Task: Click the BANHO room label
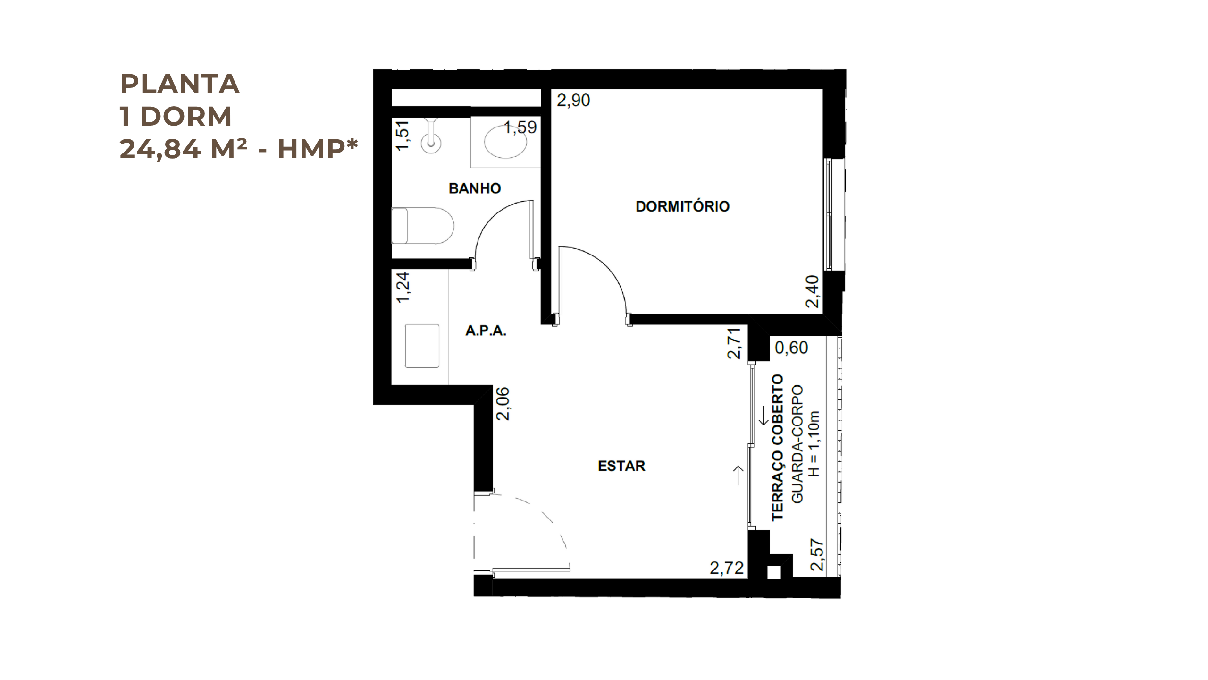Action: [x=474, y=188]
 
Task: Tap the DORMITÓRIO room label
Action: [x=683, y=206]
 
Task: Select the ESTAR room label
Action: [x=621, y=466]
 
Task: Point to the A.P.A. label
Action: [x=486, y=331]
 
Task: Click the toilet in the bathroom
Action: [x=423, y=226]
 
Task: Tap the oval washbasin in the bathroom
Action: [x=505, y=142]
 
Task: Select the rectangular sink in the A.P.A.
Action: [x=422, y=346]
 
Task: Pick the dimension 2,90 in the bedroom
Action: [x=573, y=100]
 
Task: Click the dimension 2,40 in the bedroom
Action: [x=812, y=291]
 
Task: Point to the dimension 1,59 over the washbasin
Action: [x=520, y=127]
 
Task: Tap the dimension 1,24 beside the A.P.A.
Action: [x=403, y=287]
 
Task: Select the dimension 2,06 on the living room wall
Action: [x=503, y=403]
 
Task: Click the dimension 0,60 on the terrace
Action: [x=791, y=348]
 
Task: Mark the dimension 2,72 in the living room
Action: [x=727, y=568]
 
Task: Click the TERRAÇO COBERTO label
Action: [x=777, y=448]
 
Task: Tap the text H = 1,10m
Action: [x=814, y=444]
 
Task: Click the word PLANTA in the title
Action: [x=180, y=84]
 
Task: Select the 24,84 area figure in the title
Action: [x=160, y=149]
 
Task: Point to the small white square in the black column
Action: [x=774, y=573]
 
